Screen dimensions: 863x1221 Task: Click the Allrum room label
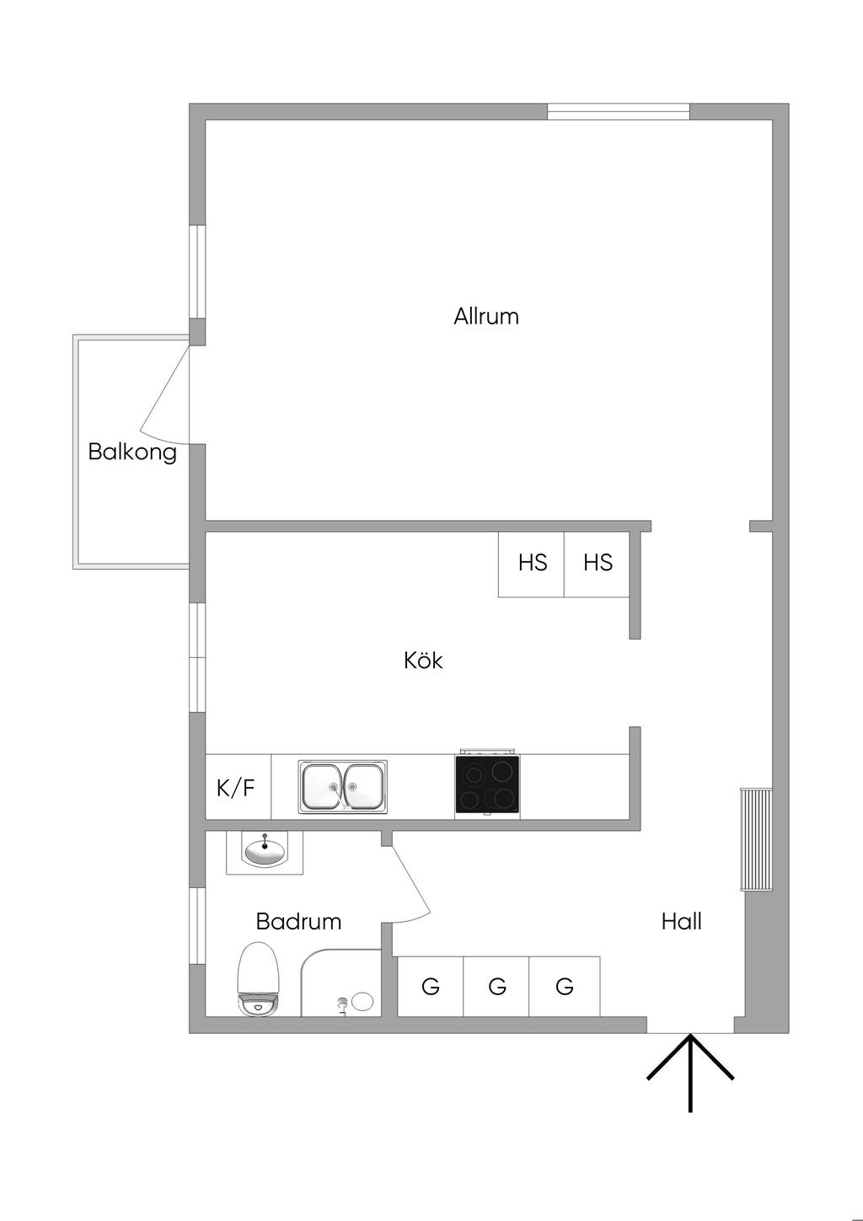pyautogui.click(x=485, y=316)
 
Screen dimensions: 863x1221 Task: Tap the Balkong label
pyautogui.click(x=132, y=453)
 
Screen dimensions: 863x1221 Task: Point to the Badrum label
pyautogui.click(x=298, y=922)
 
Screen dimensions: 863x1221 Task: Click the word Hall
pyautogui.click(x=681, y=922)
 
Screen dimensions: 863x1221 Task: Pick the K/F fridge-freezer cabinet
pyautogui.click(x=238, y=786)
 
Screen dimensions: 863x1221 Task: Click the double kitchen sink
pyautogui.click(x=342, y=787)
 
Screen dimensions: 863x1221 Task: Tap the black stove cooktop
pyautogui.click(x=487, y=786)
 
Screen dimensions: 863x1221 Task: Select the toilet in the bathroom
pyautogui.click(x=259, y=978)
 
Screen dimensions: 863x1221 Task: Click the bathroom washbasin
pyautogui.click(x=265, y=853)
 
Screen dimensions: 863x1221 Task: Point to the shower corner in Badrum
pyautogui.click(x=340, y=983)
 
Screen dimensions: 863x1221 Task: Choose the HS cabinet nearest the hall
pyautogui.click(x=597, y=564)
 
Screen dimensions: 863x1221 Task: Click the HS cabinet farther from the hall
pyautogui.click(x=532, y=564)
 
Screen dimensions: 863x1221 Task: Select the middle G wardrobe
pyautogui.click(x=496, y=986)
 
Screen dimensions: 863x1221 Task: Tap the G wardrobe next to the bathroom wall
pyautogui.click(x=430, y=986)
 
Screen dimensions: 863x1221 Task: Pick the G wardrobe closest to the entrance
pyautogui.click(x=565, y=986)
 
